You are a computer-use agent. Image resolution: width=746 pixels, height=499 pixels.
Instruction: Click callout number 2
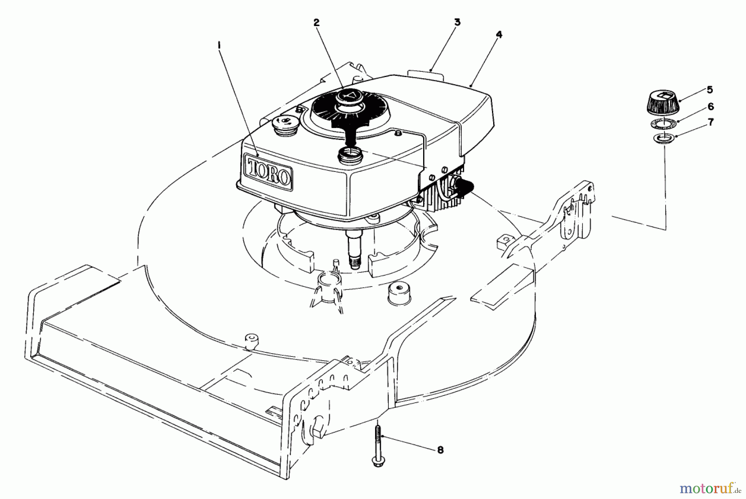click(317, 23)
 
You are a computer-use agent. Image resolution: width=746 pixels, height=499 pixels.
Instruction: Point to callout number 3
click(457, 22)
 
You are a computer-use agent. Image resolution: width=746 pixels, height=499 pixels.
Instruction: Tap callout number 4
click(499, 35)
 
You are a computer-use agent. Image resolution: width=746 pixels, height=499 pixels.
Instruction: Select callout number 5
click(710, 89)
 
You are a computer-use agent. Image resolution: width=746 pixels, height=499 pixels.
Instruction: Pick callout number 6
click(711, 106)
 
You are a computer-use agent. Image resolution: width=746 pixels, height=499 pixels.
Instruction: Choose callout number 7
click(711, 122)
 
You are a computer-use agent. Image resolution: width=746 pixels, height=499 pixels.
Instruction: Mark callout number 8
click(440, 450)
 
